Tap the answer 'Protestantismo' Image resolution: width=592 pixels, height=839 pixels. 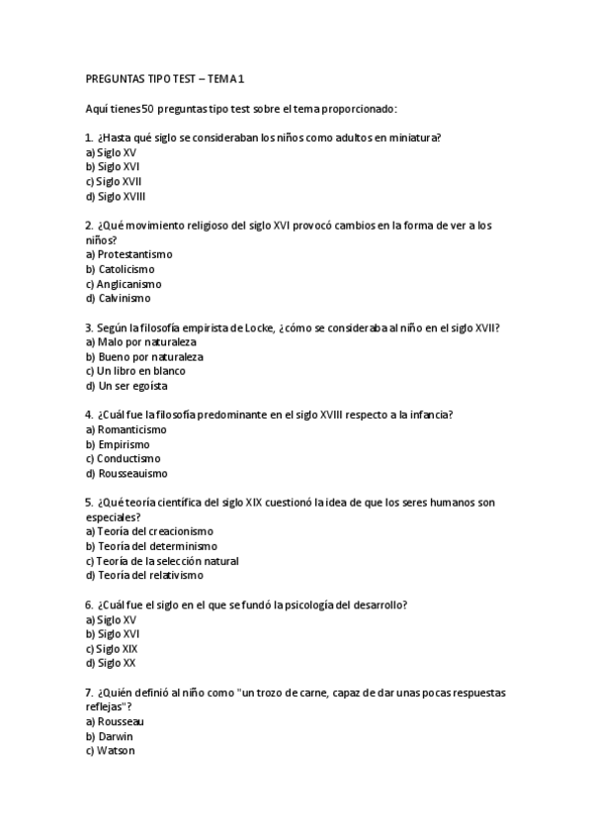(128, 254)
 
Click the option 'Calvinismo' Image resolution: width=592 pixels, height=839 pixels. (119, 298)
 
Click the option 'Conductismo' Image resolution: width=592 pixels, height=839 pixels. (122, 458)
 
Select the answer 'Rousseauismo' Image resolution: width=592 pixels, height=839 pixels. (126, 473)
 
